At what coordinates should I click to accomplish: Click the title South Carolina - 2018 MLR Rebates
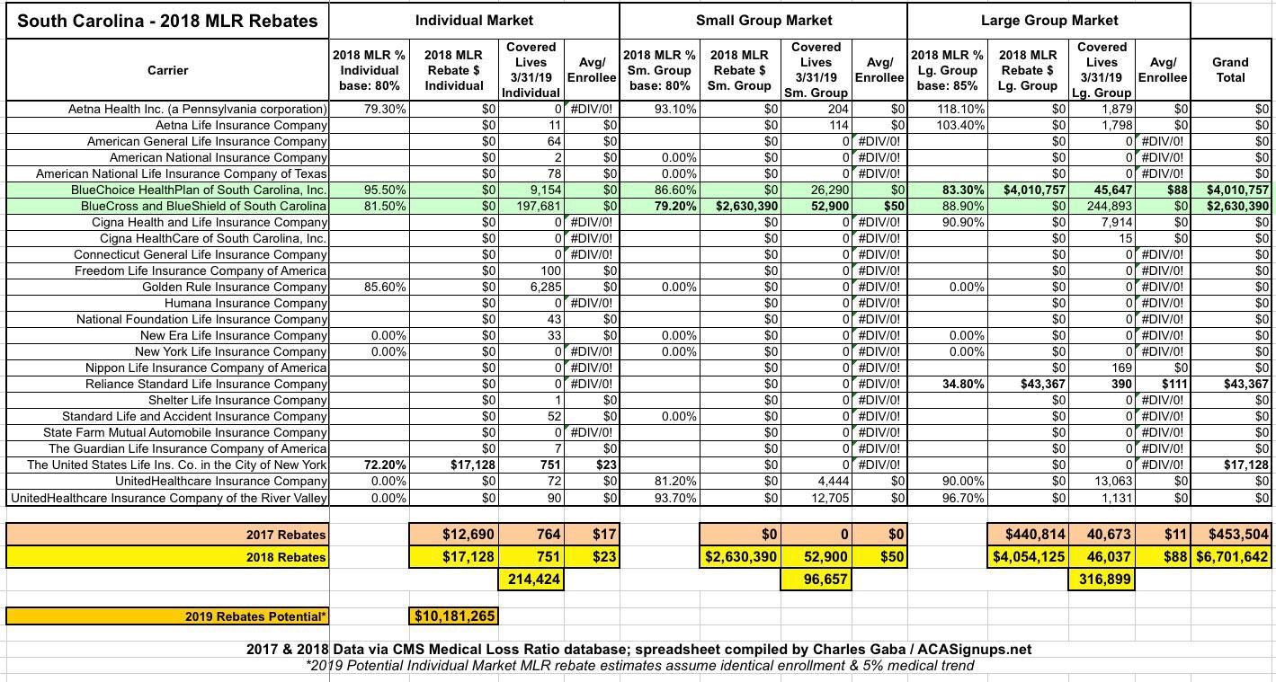(x=167, y=21)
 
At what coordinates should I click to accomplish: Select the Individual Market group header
(x=474, y=20)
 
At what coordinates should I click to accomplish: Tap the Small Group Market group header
(x=763, y=20)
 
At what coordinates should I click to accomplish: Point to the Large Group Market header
(x=1049, y=20)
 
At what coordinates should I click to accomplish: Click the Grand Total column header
(x=1229, y=69)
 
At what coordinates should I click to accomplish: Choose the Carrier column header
(x=168, y=70)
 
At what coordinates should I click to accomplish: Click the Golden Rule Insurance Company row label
(x=234, y=287)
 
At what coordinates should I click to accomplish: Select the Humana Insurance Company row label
(x=245, y=303)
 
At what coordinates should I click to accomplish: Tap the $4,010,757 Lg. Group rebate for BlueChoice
(x=1032, y=190)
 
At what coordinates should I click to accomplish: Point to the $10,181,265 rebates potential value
(x=454, y=616)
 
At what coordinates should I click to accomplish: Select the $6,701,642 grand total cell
(x=1232, y=557)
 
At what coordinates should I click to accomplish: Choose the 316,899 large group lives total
(x=1102, y=580)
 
